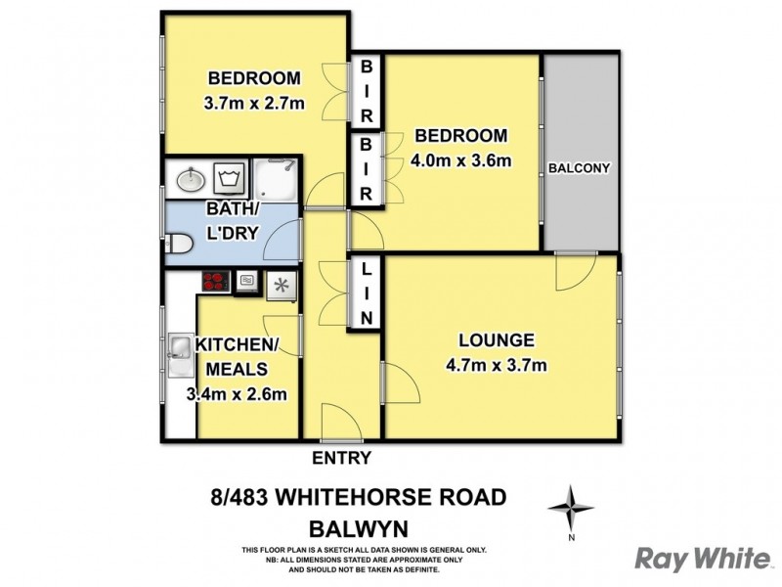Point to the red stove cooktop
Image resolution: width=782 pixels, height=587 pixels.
215,283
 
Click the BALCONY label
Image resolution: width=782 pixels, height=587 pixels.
579,167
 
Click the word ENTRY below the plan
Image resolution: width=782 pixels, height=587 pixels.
341,458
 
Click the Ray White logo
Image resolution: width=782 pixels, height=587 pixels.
702,558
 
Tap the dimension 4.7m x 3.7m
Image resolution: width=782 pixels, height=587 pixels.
497,366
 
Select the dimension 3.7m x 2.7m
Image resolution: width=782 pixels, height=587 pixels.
253,103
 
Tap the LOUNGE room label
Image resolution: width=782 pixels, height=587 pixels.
497,340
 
